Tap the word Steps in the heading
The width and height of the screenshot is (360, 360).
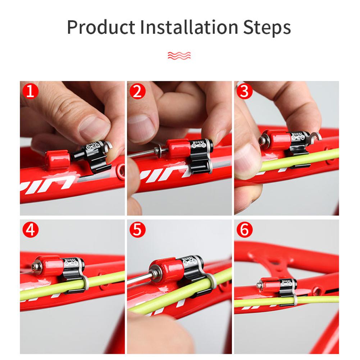(x=266, y=27)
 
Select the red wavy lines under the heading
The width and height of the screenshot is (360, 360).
(x=179, y=55)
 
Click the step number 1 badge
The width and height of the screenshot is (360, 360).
(x=30, y=91)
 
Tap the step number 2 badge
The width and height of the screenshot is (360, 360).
(x=137, y=91)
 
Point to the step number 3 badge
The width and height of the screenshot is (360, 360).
(x=244, y=91)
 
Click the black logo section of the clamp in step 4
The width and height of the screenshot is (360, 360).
(x=74, y=265)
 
